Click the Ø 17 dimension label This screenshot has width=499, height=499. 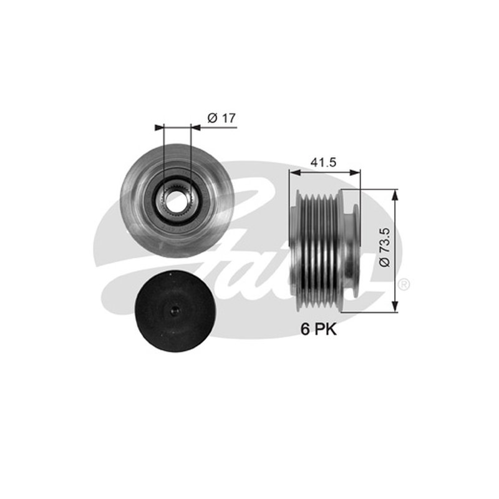coord(221,118)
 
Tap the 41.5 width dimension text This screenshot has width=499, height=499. coord(323,163)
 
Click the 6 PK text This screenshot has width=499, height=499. coord(319,329)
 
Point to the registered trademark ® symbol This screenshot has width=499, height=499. coord(404,284)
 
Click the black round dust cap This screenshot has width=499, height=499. coord(175,311)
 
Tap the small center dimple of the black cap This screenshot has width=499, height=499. coord(175,311)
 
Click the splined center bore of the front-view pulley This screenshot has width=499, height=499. coord(176,201)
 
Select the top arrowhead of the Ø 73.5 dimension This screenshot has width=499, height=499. coord(395,195)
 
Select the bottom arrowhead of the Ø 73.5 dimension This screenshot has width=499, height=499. coord(395,306)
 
